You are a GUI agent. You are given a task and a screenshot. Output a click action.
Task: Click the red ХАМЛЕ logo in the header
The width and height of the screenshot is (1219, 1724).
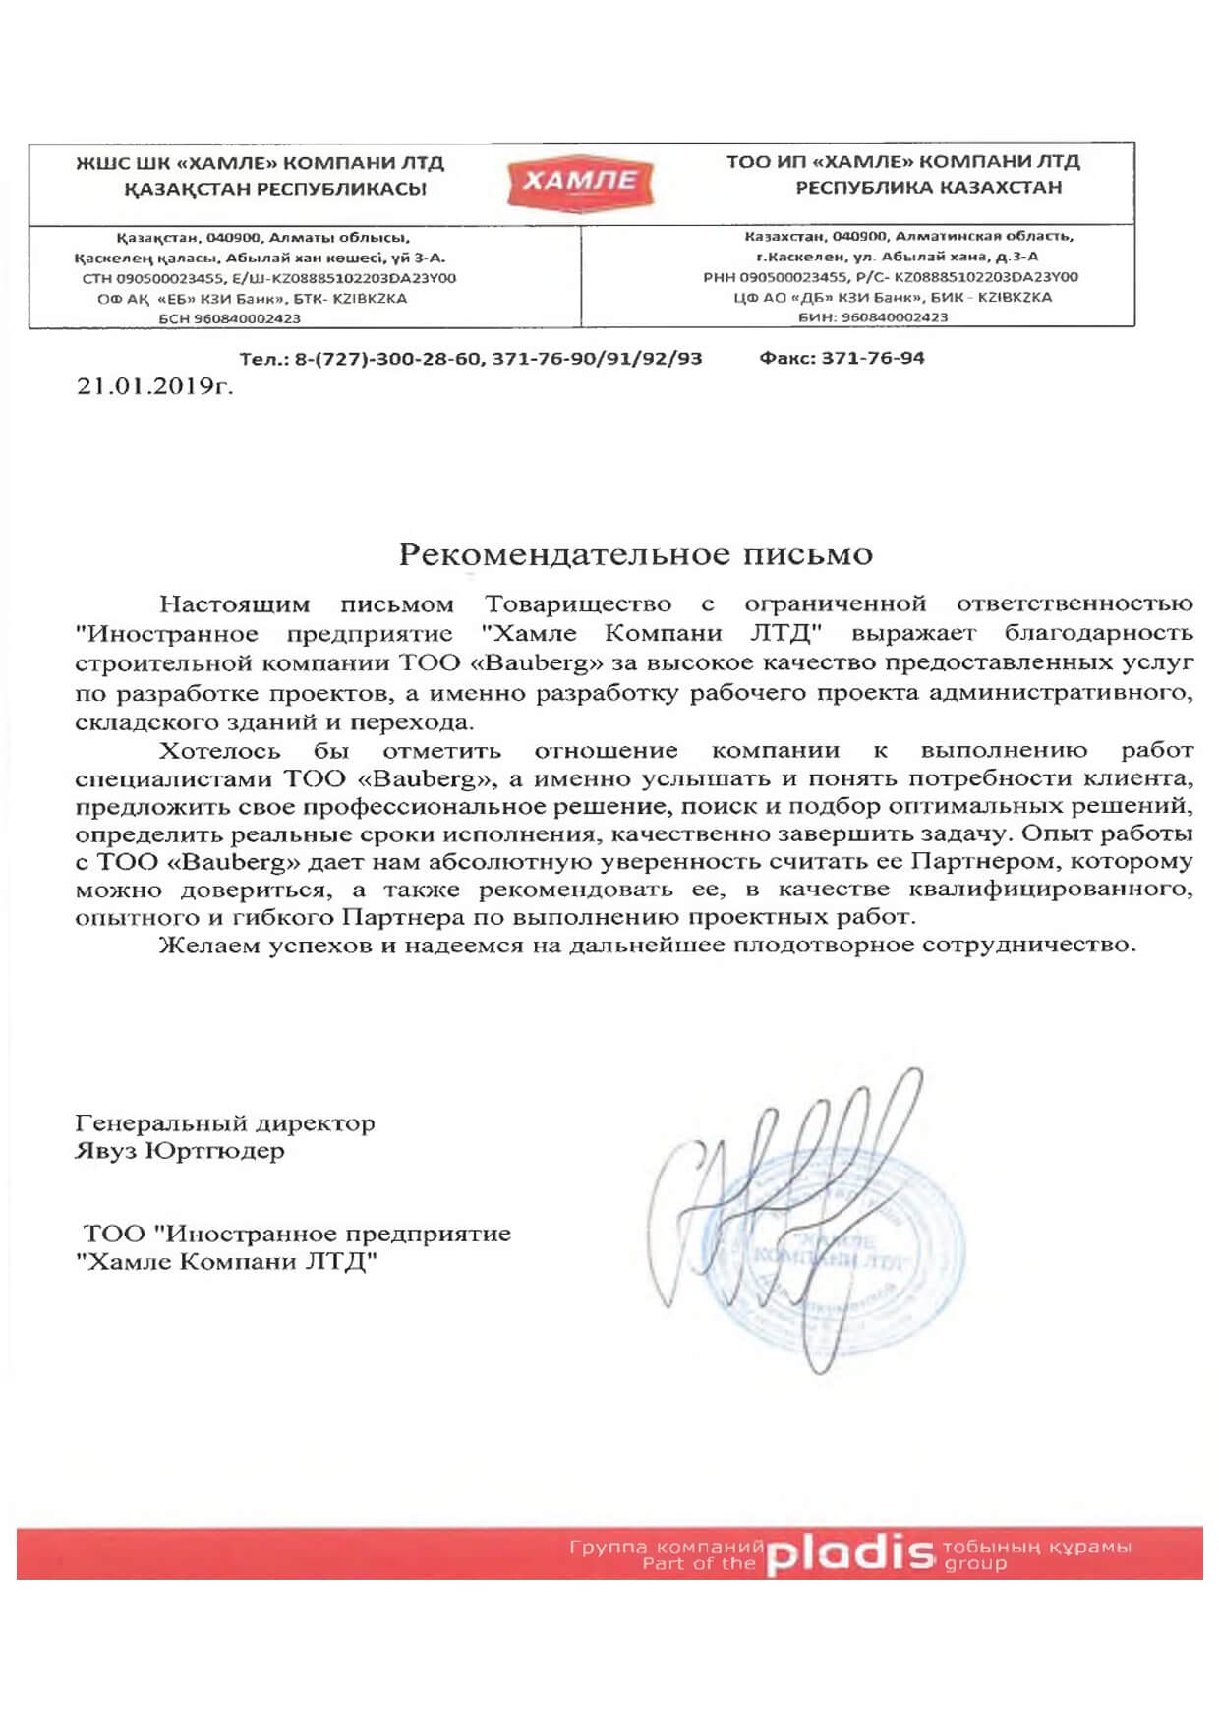pyautogui.click(x=580, y=181)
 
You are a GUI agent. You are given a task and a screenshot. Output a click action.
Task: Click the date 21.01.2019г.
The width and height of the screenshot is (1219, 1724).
pyautogui.click(x=154, y=386)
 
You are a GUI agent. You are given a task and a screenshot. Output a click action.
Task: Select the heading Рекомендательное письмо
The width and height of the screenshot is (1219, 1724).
pyautogui.click(x=635, y=554)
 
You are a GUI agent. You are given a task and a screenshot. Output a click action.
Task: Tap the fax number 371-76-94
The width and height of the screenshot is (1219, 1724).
pyautogui.click(x=872, y=358)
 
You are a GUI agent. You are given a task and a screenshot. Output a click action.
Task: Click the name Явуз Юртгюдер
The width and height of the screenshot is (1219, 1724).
pyautogui.click(x=180, y=1151)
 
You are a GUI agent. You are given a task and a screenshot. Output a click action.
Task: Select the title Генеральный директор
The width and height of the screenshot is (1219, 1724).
pyautogui.click(x=224, y=1123)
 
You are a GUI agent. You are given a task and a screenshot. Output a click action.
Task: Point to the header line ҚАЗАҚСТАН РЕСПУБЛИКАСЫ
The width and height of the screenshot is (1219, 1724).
pyautogui.click(x=275, y=189)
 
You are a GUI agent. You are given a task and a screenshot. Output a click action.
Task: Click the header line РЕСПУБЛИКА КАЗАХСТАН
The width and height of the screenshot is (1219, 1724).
pyautogui.click(x=929, y=187)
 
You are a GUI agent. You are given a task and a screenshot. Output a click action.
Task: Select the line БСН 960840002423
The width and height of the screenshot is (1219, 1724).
pyautogui.click(x=230, y=318)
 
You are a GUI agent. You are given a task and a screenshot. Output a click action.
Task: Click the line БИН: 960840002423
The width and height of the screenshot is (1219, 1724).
pyautogui.click(x=873, y=317)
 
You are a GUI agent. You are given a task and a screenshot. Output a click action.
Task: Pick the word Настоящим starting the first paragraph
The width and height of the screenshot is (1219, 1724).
pyautogui.click(x=234, y=604)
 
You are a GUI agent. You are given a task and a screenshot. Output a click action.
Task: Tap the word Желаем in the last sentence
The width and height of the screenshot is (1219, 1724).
pyautogui.click(x=209, y=946)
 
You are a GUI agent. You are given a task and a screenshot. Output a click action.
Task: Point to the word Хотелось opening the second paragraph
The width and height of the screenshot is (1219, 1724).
pyautogui.click(x=220, y=751)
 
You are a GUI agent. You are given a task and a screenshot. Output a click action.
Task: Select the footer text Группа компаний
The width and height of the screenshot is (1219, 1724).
pyautogui.click(x=667, y=1547)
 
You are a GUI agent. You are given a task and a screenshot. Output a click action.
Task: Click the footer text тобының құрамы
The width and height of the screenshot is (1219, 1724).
pyautogui.click(x=1037, y=1547)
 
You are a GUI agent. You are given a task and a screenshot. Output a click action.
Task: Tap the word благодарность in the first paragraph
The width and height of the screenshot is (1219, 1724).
pyautogui.click(x=1098, y=634)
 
